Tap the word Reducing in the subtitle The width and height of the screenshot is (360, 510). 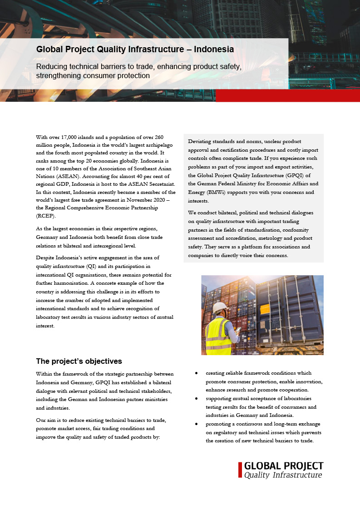click(x=52, y=67)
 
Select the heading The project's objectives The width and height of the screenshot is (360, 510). click(x=79, y=361)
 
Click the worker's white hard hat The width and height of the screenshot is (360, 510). click(x=220, y=307)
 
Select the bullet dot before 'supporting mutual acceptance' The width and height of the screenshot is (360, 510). click(x=196, y=398)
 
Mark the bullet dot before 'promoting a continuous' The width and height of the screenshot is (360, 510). click(x=196, y=424)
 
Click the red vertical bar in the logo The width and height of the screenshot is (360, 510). click(x=240, y=470)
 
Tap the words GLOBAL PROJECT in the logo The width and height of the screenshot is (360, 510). click(x=284, y=466)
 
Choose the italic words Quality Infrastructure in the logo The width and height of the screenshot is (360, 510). click(x=283, y=475)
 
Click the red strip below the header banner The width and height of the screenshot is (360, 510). click(x=287, y=95)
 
